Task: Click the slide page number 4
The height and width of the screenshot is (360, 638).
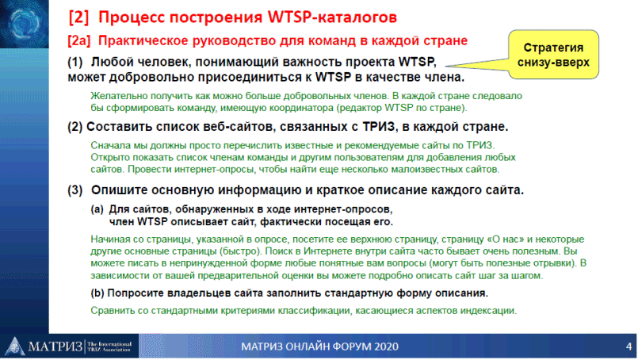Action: point(628,347)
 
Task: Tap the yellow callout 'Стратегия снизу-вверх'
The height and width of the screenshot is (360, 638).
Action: point(553,55)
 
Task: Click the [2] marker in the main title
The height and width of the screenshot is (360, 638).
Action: point(78,17)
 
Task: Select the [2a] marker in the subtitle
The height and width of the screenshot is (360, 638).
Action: point(79,40)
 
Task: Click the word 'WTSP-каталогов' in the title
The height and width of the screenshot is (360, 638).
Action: point(332,17)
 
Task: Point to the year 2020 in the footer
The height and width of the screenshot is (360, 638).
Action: point(386,347)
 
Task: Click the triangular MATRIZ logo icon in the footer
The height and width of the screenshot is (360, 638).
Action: point(14,347)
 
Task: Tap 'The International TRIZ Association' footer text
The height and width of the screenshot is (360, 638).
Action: point(109,347)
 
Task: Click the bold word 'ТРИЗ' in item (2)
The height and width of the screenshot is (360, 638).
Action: point(379,127)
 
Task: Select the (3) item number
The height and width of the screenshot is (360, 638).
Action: point(75,190)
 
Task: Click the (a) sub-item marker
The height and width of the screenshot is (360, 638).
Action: point(97,209)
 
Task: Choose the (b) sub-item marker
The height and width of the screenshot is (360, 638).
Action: point(97,293)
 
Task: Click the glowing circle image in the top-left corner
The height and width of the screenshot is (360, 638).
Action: point(24,24)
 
